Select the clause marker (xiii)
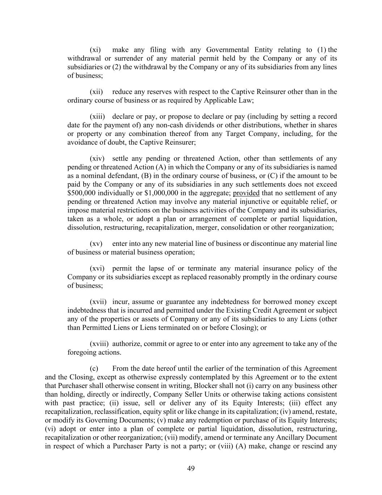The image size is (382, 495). (x=97, y=117)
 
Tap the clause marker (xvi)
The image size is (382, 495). (x=97, y=269)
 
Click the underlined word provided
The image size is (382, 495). (x=246, y=193)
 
